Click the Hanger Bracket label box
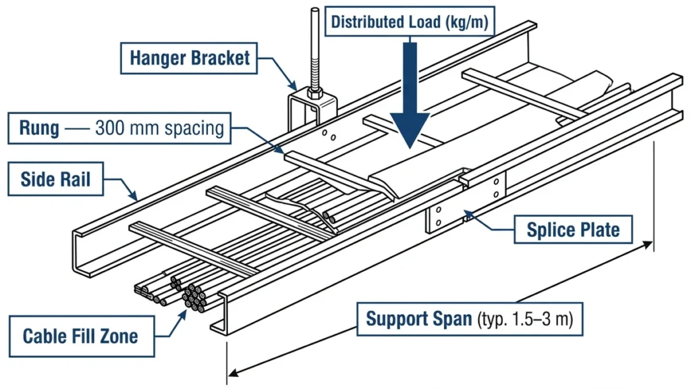coord(190,58)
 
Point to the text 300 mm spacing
coord(159,127)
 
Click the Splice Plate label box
coord(573,230)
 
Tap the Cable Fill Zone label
coord(80,336)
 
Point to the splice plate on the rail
coord(466,203)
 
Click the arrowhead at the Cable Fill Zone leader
coord(184,305)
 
